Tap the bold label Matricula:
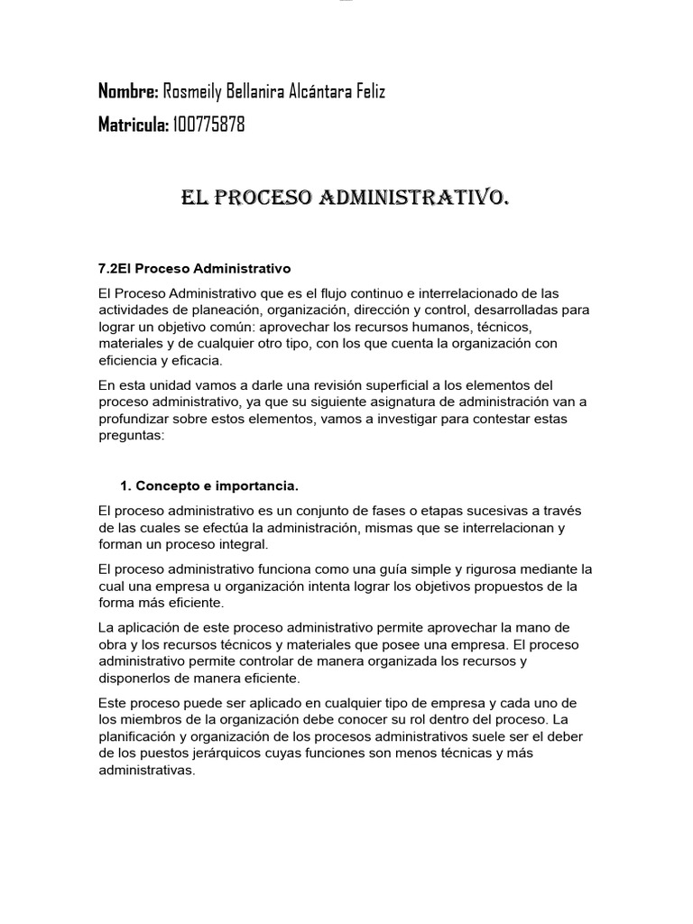coord(133,125)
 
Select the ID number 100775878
coord(208,125)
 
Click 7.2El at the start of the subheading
coord(115,268)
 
